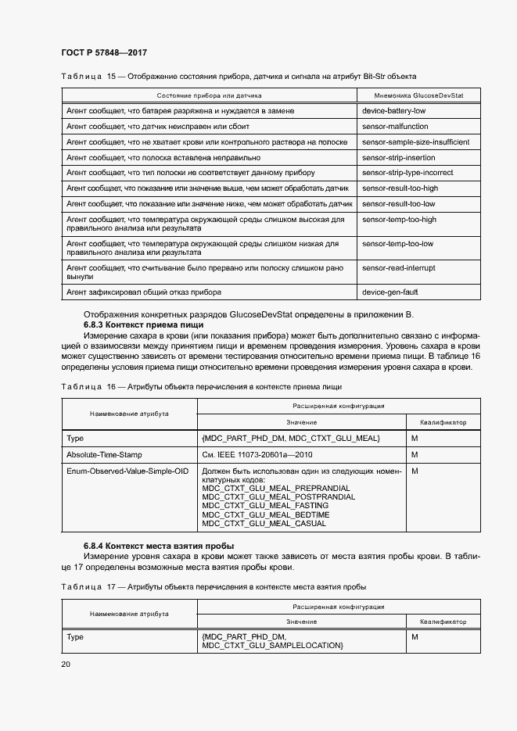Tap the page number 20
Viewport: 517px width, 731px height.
click(x=66, y=664)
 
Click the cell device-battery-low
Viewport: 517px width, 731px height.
click(x=394, y=112)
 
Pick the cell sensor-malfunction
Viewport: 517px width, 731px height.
click(x=395, y=127)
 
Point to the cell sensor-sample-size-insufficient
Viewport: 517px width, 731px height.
click(x=415, y=142)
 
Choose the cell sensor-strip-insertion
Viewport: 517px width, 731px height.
click(x=397, y=157)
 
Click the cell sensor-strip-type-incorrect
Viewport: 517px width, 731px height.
click(x=407, y=173)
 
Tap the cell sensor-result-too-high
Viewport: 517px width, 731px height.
click(x=400, y=188)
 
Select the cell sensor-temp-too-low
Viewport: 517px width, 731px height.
click(x=398, y=244)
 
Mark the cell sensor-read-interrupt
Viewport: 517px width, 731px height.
click(x=399, y=268)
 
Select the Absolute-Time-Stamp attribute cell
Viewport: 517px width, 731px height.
click(x=104, y=454)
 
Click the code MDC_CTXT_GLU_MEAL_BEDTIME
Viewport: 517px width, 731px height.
click(x=265, y=515)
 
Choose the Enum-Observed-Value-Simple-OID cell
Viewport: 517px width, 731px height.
click(x=127, y=471)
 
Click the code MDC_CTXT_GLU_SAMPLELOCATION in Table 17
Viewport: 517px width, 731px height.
click(x=272, y=646)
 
